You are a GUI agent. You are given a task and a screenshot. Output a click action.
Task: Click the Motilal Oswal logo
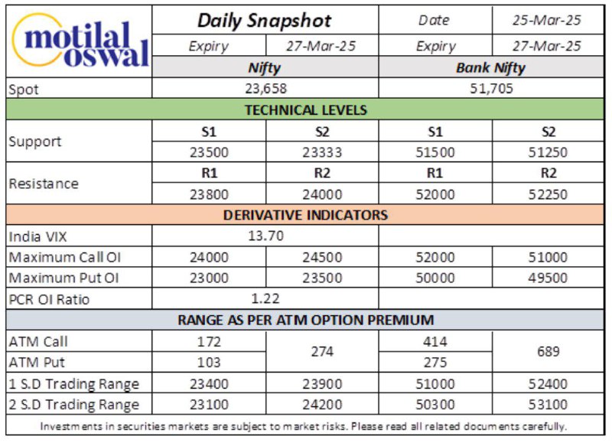(x=81, y=42)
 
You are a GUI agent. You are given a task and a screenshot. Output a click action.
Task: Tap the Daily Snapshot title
(x=264, y=21)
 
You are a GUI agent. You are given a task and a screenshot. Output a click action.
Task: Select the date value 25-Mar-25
(x=547, y=21)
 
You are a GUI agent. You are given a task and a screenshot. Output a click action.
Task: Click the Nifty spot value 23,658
(x=265, y=89)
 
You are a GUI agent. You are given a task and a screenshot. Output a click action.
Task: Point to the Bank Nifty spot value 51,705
(x=491, y=89)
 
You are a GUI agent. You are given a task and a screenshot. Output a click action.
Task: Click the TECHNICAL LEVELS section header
(x=306, y=109)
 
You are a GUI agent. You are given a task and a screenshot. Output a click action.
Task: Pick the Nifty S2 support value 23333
(x=322, y=152)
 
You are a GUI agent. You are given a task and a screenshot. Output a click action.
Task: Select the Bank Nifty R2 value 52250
(x=548, y=194)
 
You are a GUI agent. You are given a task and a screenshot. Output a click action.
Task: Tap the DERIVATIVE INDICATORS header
(x=305, y=215)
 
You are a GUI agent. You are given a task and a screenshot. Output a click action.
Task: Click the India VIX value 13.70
(x=265, y=236)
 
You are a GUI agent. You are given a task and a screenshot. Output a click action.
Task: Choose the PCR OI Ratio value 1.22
(x=265, y=298)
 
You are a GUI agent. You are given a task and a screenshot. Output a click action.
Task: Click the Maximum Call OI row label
(x=65, y=257)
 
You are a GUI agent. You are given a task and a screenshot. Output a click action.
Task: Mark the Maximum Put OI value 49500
(x=548, y=278)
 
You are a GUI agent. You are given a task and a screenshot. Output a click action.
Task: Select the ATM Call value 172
(x=209, y=342)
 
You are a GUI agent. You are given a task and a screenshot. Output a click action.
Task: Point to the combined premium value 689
(x=548, y=352)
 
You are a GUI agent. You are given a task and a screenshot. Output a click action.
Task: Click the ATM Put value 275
(x=435, y=363)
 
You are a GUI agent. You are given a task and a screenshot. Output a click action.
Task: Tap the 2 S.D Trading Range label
(x=73, y=404)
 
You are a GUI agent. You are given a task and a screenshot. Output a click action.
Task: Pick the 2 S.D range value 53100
(x=548, y=405)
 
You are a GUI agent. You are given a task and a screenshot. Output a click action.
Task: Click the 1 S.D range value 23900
(x=322, y=384)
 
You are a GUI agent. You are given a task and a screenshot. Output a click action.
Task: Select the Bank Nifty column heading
(x=491, y=68)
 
